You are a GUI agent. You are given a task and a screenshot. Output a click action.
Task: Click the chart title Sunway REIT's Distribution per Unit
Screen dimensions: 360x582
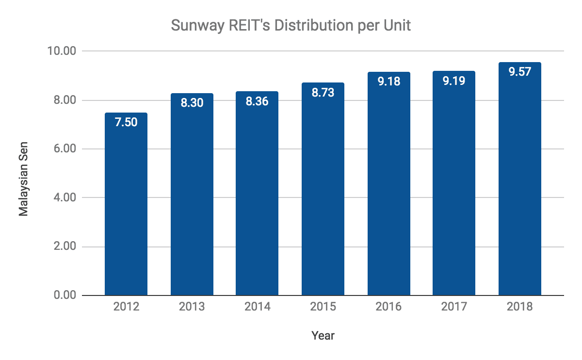tap(291, 26)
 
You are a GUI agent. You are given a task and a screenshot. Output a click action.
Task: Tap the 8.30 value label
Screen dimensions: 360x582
tap(192, 103)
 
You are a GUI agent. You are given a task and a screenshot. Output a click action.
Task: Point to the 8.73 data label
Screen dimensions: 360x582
tap(323, 93)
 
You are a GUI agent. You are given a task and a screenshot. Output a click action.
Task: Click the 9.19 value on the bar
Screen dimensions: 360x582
tap(454, 81)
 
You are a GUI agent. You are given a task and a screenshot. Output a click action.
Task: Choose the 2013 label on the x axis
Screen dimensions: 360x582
tap(192, 307)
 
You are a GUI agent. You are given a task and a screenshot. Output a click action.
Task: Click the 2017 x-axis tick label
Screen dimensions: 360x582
tap(454, 307)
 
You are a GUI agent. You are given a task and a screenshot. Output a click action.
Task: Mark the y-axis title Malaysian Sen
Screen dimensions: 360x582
tap(23, 179)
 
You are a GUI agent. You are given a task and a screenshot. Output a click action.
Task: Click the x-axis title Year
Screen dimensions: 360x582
tap(323, 335)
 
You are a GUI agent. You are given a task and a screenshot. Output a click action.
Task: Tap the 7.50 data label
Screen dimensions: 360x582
tap(126, 122)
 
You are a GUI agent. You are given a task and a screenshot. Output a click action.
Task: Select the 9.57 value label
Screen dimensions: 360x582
tap(520, 72)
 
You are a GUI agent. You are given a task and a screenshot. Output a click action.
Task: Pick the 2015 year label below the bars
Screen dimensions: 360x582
tap(323, 307)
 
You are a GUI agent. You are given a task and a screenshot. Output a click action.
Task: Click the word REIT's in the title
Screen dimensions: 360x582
tap(248, 26)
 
